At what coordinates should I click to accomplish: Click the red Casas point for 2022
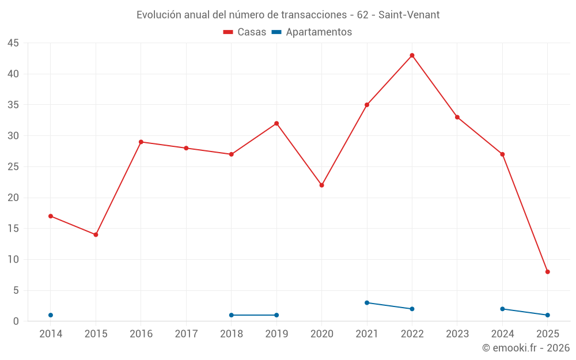click(x=412, y=55)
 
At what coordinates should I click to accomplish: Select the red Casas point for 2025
click(x=548, y=272)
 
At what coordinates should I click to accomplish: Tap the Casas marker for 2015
click(x=96, y=234)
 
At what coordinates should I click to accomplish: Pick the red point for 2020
click(x=322, y=185)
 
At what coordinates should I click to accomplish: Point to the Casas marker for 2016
click(x=141, y=142)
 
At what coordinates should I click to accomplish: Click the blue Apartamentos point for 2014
click(x=51, y=315)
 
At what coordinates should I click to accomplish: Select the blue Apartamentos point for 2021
click(x=367, y=302)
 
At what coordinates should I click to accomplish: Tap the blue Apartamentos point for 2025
click(x=548, y=315)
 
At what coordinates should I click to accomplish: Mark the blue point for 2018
click(x=232, y=315)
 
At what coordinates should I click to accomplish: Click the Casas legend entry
click(x=245, y=32)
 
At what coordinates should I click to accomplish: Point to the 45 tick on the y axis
click(x=13, y=43)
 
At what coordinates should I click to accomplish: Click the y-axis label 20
click(x=13, y=198)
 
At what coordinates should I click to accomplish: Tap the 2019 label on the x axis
click(x=276, y=334)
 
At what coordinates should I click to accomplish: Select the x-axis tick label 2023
click(x=457, y=334)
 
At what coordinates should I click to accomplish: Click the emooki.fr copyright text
click(x=526, y=348)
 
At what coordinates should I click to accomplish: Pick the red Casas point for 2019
click(x=276, y=123)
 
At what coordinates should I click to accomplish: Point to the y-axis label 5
click(x=16, y=290)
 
